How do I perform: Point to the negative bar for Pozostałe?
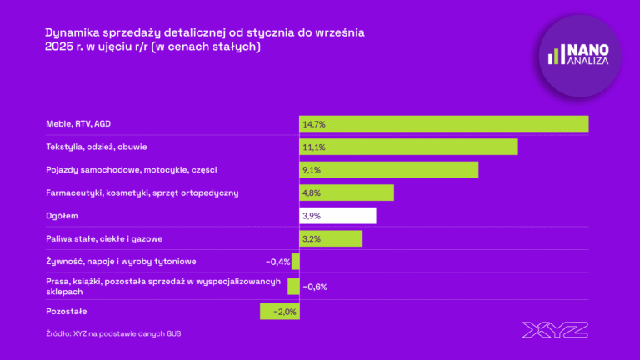[279, 312]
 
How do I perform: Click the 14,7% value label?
[314, 124]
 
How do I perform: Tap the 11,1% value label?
[313, 147]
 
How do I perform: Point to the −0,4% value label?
[277, 262]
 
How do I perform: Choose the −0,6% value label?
[314, 287]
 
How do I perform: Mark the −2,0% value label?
[284, 312]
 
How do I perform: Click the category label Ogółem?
[62, 216]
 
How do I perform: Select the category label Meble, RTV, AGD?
[78, 124]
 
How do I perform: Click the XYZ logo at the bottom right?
[555, 330]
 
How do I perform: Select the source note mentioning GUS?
[113, 333]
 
